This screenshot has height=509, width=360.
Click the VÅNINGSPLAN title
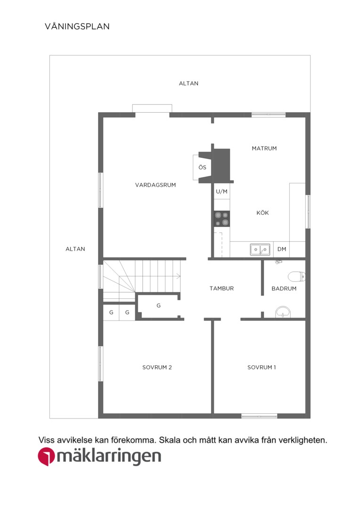[x=77, y=26]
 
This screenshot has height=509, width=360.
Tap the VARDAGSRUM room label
[x=155, y=185]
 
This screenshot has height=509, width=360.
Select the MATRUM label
[x=264, y=148]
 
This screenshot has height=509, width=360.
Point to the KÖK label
[x=262, y=213]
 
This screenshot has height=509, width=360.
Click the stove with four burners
[x=222, y=219]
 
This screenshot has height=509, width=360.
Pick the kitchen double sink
[x=260, y=249]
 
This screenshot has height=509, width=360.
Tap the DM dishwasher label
[x=282, y=249]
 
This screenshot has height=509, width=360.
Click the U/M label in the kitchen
[x=222, y=191]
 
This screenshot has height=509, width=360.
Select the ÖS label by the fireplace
[x=202, y=167]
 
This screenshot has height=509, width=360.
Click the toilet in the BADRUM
[x=297, y=276]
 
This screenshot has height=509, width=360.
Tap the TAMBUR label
[x=222, y=288]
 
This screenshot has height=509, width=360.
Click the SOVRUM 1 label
[x=262, y=367]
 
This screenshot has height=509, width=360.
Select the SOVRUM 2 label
[x=157, y=367]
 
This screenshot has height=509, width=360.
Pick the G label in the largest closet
[x=158, y=305]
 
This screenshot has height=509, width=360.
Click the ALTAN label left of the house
[x=75, y=249]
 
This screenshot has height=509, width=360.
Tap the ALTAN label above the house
[x=188, y=83]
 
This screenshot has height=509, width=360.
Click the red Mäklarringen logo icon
[x=46, y=457]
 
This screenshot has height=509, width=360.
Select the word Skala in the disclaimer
[x=170, y=440]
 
